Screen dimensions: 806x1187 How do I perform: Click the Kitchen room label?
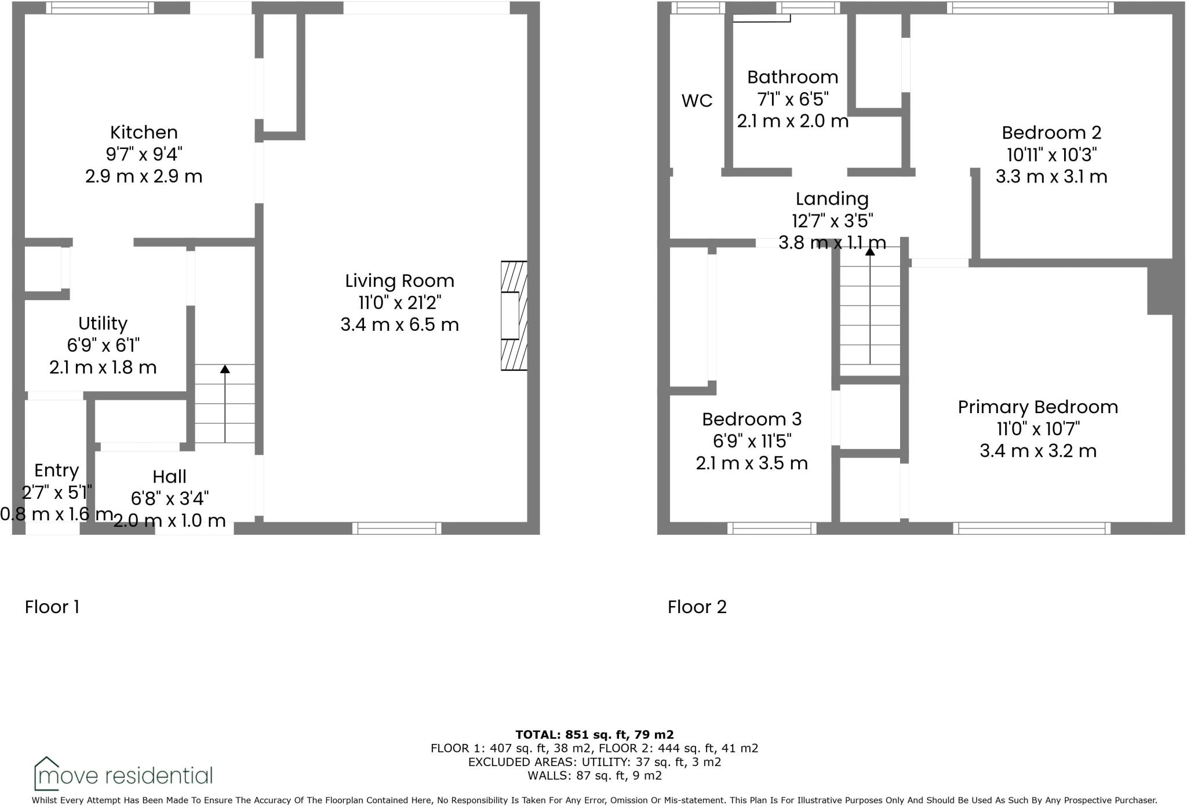[x=144, y=132]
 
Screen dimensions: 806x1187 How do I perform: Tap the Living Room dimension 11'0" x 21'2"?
[x=399, y=302]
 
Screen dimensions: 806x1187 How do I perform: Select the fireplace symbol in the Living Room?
[x=514, y=316]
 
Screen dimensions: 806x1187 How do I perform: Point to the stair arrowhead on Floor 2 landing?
[x=870, y=251]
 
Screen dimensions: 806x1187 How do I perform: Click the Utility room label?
[x=103, y=323]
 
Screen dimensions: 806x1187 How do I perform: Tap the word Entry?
[x=56, y=471]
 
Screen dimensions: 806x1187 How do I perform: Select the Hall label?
[x=169, y=477]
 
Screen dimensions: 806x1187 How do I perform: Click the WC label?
[x=697, y=101]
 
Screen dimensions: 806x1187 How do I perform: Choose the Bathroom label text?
[x=792, y=77]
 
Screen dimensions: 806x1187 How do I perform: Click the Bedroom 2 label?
[x=1051, y=133]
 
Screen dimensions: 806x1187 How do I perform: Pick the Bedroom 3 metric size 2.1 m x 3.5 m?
[x=752, y=463]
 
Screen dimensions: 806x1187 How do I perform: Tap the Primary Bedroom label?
[x=1037, y=407]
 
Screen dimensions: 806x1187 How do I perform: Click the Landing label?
[x=832, y=199]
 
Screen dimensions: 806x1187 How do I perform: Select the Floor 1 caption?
[x=52, y=607]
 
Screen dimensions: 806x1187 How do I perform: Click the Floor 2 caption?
[x=697, y=607]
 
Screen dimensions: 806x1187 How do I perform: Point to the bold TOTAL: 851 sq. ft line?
[x=594, y=735]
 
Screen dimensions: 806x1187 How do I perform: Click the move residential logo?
[x=123, y=774]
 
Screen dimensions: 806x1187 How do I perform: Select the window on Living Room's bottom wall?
[x=397, y=528]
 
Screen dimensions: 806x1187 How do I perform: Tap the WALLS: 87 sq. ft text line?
[x=594, y=775]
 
